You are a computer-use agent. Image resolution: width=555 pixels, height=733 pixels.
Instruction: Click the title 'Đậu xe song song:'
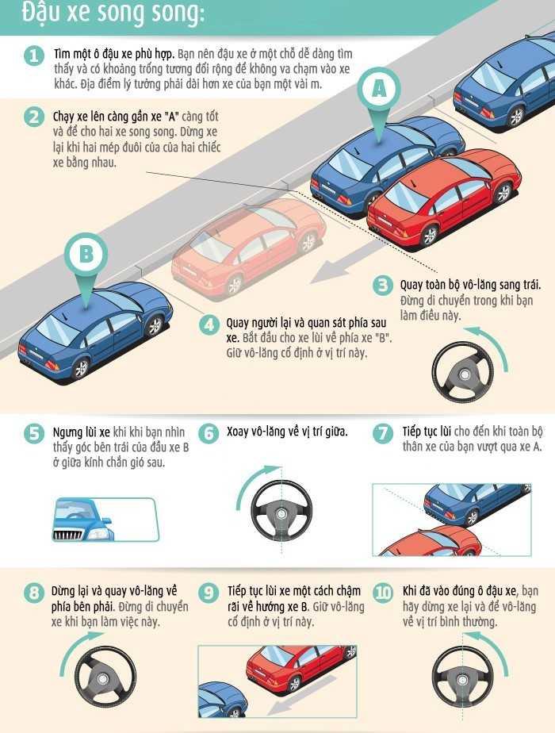113,13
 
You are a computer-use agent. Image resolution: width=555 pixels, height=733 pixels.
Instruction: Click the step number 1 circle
33,56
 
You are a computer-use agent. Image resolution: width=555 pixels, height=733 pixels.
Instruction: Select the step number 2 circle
33,117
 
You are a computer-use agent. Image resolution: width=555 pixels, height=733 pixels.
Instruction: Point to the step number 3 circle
383,285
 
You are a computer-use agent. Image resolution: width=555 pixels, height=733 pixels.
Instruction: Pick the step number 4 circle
209,324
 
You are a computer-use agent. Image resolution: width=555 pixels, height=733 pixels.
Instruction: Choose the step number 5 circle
33,433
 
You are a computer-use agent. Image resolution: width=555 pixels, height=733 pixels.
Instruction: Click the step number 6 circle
209,433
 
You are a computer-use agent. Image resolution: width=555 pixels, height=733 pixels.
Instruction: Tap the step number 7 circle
383,433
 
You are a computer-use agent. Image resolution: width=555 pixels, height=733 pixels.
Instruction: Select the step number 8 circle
33,593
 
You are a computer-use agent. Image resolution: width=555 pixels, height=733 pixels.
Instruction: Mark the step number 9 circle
209,593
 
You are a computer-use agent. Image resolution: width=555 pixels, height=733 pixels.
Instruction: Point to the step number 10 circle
383,593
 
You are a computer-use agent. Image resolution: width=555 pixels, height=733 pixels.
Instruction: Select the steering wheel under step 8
105,677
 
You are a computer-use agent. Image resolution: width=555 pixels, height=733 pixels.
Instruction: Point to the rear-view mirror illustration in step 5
105,520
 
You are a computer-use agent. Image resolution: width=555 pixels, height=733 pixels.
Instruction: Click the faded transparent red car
247,248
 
